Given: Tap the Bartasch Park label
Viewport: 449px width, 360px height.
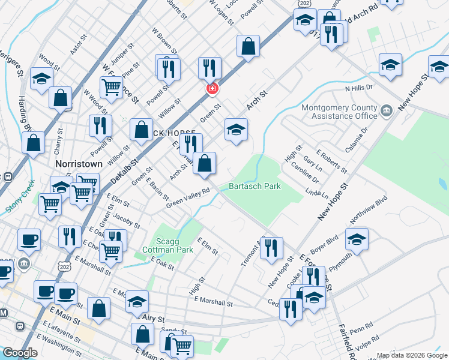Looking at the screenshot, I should tap(255, 187).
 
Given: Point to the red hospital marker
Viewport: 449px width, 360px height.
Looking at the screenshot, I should tap(211, 89).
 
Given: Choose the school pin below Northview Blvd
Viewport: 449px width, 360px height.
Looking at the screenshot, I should tap(357, 239).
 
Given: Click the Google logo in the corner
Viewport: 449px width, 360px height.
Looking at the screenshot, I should tap(20, 353).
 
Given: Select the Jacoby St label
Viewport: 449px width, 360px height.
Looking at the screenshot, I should tap(126, 219).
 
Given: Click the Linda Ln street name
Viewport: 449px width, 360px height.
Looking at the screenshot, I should tap(317, 194).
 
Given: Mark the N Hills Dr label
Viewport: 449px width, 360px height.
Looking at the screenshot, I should tap(359, 88).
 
